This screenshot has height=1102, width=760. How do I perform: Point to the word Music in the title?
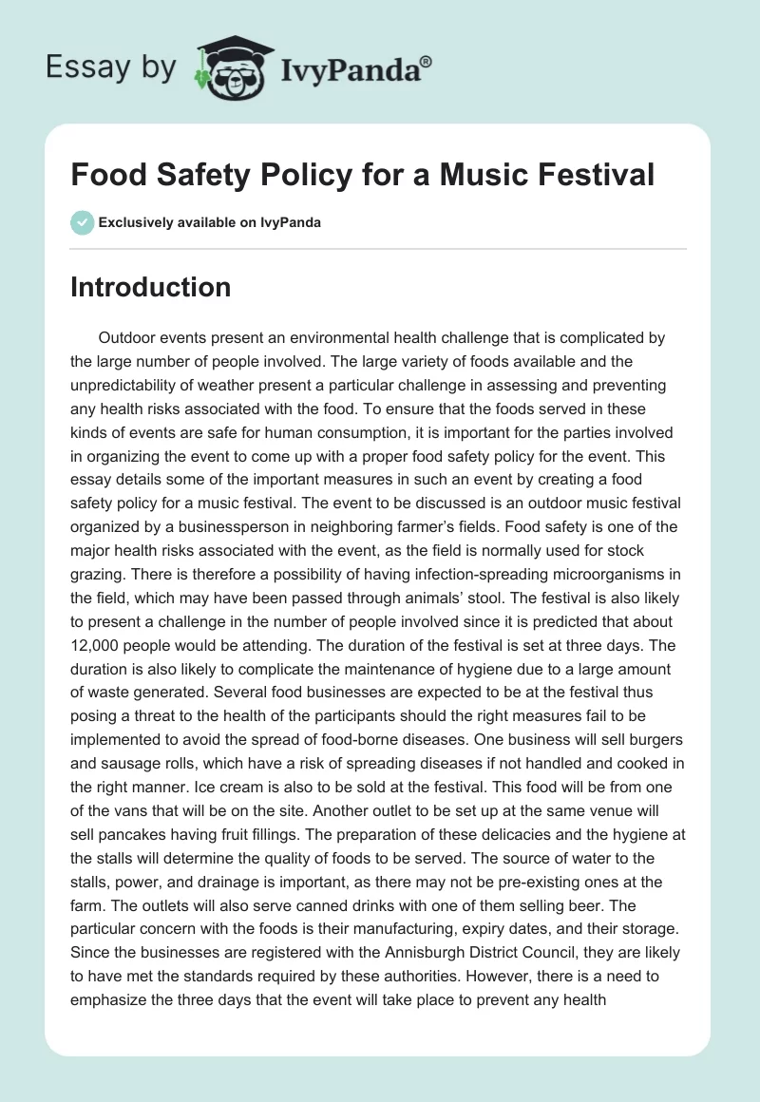click(x=473, y=175)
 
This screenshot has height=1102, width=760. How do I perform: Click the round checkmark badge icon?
click(x=82, y=223)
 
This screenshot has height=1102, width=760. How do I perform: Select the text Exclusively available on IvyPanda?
click(x=210, y=223)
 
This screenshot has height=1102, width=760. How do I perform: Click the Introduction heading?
click(x=150, y=287)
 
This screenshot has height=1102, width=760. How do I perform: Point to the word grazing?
click(x=99, y=574)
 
